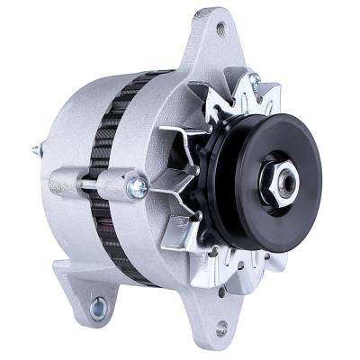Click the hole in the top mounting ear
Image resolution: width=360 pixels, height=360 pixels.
coord(220,30)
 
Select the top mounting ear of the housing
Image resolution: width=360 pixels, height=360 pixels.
coord(212,45)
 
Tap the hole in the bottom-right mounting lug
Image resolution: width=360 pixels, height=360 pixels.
coord(220,328)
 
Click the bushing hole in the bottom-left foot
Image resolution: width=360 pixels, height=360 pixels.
coord(96,306)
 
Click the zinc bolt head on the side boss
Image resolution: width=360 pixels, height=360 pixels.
coord(138,187)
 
